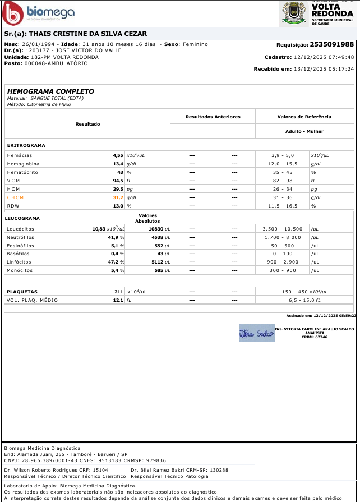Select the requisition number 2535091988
click(x=332, y=44)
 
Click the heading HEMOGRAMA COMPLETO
click(x=50, y=91)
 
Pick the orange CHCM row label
click(x=16, y=198)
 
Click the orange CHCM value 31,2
click(x=118, y=198)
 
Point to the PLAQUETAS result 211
click(x=118, y=292)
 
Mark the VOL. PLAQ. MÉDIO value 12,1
click(x=118, y=301)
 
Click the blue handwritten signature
click(x=255, y=333)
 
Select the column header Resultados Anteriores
click(x=213, y=117)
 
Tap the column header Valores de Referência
click(x=304, y=117)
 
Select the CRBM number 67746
click(x=321, y=337)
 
